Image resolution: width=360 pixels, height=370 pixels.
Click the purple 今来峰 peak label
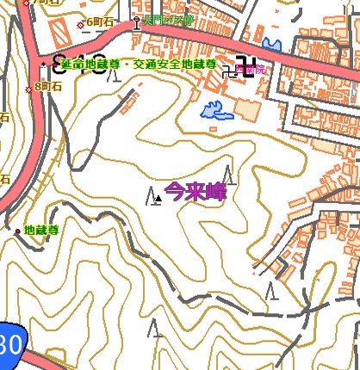coord(195,192)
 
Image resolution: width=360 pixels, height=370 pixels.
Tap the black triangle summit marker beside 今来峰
coord(158,199)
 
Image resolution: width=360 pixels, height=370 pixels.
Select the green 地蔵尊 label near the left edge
coord(41,230)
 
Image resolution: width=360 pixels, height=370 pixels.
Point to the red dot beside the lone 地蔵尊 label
coord(17,231)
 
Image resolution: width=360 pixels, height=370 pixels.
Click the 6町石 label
coord(100,22)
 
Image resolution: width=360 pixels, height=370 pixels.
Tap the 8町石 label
coord(48,86)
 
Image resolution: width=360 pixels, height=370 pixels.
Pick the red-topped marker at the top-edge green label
coord(137,20)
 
